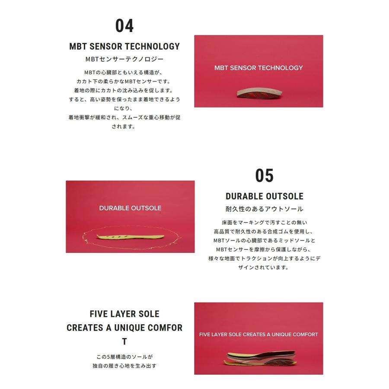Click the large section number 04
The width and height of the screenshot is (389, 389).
coord(124,26)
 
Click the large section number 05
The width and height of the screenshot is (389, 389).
coord(264,175)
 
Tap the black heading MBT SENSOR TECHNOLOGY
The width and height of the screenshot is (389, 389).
coord(124,46)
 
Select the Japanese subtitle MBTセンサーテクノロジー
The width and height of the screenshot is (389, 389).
coord(124,59)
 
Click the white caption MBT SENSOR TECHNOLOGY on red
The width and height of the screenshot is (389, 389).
coord(258,68)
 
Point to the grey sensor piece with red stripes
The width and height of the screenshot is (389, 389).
coord(259,93)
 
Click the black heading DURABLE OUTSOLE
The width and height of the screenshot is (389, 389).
coord(265,196)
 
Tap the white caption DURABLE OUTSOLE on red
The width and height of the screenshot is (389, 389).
coord(130,208)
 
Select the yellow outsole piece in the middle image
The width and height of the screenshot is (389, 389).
coord(130,237)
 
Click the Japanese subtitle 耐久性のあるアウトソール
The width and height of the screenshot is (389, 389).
coord(265,209)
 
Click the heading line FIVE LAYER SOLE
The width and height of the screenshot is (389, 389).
coord(124,314)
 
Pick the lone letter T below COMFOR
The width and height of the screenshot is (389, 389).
coord(124,341)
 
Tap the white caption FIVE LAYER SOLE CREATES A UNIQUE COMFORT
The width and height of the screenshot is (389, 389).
coord(258,335)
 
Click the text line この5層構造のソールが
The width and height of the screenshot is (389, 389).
coord(124,357)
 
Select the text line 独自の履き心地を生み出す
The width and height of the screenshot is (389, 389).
coord(124,366)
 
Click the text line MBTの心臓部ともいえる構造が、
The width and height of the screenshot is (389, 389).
coord(123,73)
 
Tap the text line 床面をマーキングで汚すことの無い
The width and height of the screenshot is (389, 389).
coord(265,223)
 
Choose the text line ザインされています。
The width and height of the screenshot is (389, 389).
coord(264,268)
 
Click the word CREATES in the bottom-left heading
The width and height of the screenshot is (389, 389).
coord(85,328)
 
